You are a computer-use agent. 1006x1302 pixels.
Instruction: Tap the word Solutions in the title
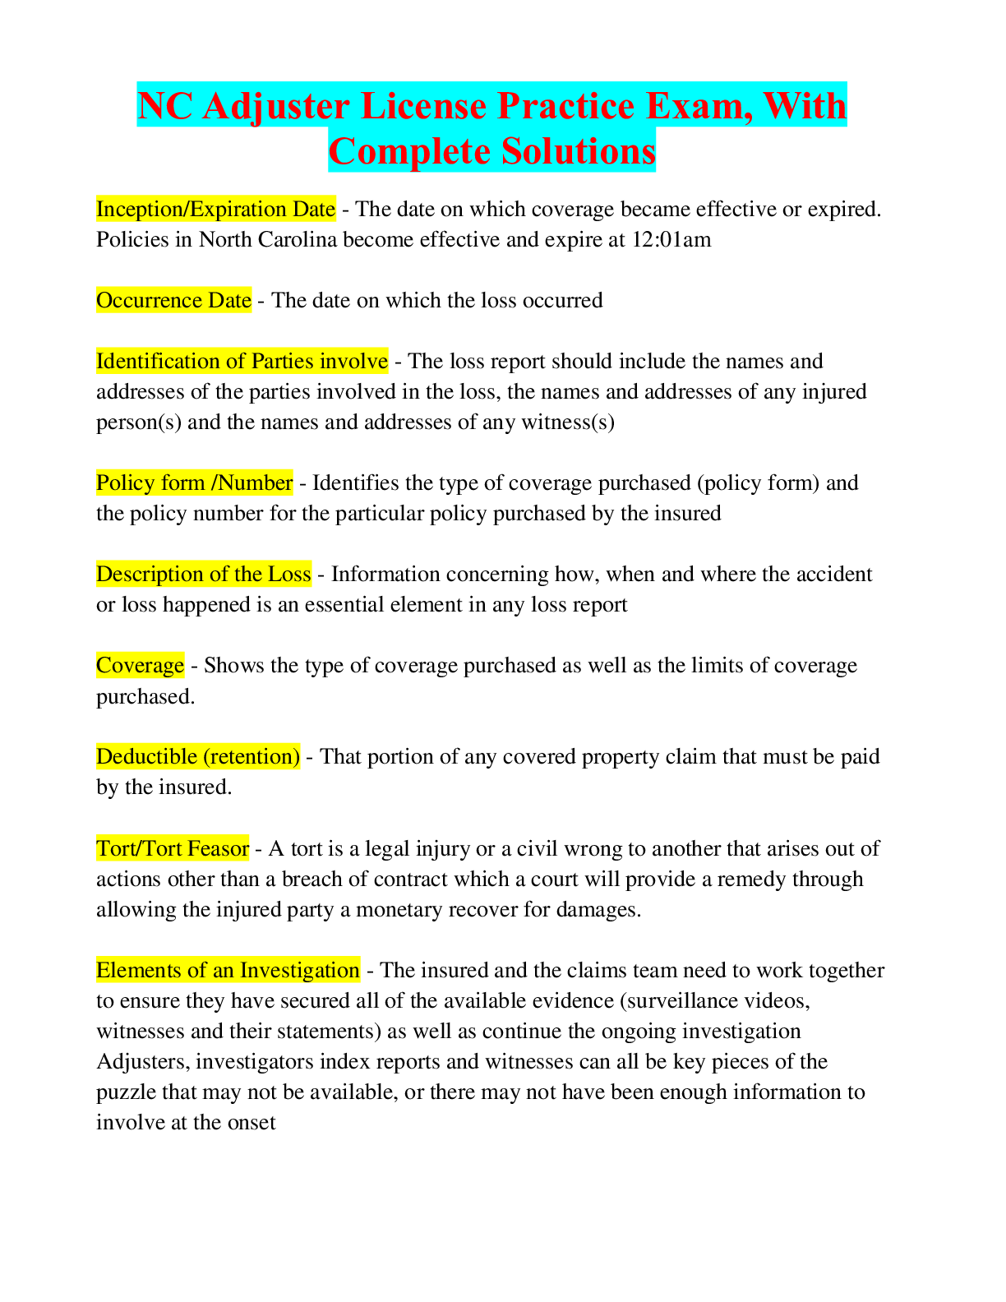point(578,151)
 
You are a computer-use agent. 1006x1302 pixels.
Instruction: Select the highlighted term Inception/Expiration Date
point(215,209)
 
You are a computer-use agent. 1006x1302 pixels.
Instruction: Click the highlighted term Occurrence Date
point(173,300)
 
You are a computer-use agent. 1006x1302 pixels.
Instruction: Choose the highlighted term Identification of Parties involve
point(242,362)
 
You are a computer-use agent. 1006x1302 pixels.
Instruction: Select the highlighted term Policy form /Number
point(195,483)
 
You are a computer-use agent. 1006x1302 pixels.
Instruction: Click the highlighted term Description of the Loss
point(204,574)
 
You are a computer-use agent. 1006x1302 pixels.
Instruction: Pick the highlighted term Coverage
point(141,666)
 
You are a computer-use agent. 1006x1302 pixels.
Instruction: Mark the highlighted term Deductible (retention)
point(198,757)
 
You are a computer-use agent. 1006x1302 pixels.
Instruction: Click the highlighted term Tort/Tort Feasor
point(173,848)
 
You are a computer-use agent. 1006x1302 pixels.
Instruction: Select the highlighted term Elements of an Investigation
point(228,970)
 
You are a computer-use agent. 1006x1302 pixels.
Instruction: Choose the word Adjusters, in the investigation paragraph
point(143,1062)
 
